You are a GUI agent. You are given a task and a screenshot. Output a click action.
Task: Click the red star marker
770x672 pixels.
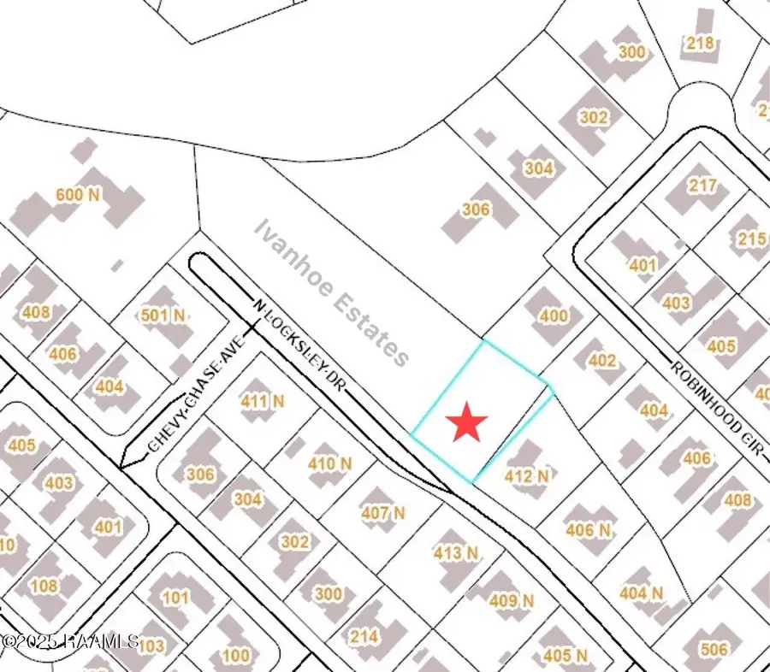(x=467, y=422)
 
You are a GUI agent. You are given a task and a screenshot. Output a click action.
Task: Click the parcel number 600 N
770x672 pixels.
(x=78, y=195)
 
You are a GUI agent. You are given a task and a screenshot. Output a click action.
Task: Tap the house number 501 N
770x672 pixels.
(x=163, y=316)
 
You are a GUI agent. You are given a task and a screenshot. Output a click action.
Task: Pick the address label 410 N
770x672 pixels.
(x=330, y=464)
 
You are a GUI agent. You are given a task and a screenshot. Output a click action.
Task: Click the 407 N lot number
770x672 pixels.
(x=382, y=514)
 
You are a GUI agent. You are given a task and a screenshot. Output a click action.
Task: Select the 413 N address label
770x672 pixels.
(x=455, y=553)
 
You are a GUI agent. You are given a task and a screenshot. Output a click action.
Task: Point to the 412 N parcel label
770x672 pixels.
(x=527, y=476)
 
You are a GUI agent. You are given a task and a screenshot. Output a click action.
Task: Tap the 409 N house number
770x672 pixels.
(x=512, y=601)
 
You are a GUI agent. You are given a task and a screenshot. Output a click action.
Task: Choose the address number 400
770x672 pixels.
(x=554, y=316)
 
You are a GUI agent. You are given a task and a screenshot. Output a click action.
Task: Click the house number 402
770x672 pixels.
(x=602, y=361)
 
